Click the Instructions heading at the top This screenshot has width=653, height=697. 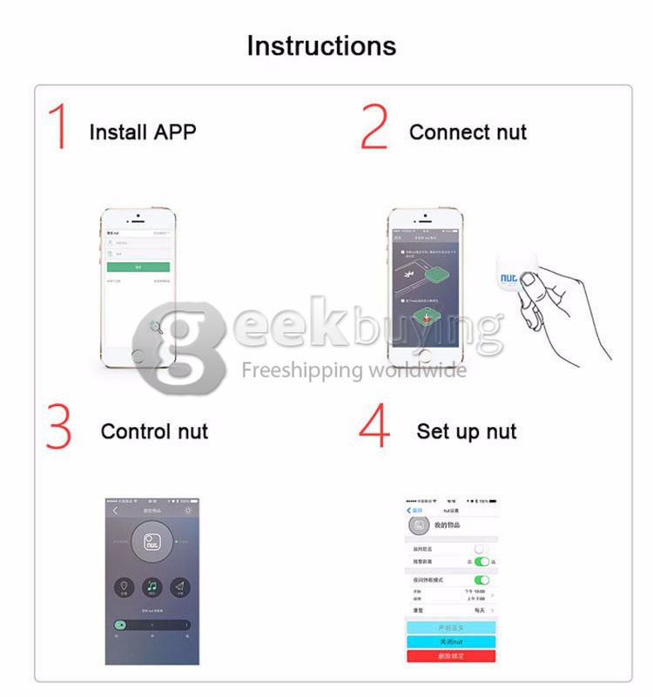point(321,45)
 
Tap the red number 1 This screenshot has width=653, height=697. point(58,127)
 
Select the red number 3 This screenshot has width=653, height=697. point(58,426)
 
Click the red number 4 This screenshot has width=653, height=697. point(375,426)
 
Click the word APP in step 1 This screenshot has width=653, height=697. point(175,132)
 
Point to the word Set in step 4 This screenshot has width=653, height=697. point(434,431)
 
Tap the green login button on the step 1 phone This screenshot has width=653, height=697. point(138,267)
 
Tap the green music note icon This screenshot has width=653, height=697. point(152,586)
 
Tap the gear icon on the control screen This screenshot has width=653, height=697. point(188,511)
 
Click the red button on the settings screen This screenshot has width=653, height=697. point(451,656)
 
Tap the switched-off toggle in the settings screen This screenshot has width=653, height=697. point(481,549)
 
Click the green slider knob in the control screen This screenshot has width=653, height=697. point(120,625)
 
